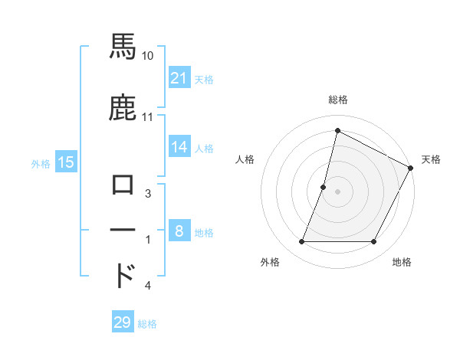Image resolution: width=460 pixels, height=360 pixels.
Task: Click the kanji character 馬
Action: (x=123, y=47)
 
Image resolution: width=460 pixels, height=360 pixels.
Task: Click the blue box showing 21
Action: (x=179, y=77)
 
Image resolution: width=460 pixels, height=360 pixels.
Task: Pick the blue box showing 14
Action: (x=179, y=147)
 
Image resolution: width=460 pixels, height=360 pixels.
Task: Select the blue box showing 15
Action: (x=66, y=162)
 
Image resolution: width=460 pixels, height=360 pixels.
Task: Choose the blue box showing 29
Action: (x=123, y=322)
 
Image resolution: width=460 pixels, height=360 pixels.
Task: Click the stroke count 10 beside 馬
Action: (x=148, y=55)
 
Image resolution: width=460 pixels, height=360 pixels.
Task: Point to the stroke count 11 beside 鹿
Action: (x=148, y=117)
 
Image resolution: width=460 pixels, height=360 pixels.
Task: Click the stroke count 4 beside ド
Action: (x=147, y=286)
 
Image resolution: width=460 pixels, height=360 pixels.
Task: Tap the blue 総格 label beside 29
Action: (x=148, y=324)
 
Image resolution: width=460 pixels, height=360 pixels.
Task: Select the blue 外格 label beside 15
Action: (x=41, y=163)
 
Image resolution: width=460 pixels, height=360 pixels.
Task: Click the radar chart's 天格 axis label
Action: (x=431, y=159)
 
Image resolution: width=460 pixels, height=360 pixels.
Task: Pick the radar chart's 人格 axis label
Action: (x=245, y=159)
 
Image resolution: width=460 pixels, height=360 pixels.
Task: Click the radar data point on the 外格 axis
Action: (x=301, y=242)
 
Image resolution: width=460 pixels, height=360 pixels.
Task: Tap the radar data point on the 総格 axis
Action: (x=337, y=130)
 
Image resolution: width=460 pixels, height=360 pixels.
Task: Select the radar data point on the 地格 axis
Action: (x=374, y=242)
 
